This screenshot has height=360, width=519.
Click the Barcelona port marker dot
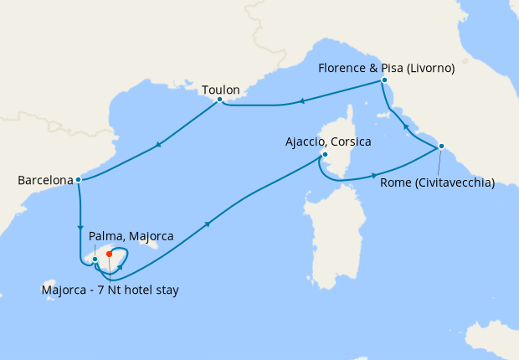pos(78,179)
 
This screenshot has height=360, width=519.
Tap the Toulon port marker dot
pos(219,100)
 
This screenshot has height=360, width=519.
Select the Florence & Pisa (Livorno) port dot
pos(383,80)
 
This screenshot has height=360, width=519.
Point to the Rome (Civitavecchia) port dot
pos(440,147)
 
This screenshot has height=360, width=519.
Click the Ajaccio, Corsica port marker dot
pos(325,155)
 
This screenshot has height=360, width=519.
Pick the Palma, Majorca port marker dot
pos(95,259)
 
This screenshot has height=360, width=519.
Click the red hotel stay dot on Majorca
pos(110,254)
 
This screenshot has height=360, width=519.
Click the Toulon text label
pos(221,89)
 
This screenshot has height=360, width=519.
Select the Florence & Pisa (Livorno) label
pos(387,69)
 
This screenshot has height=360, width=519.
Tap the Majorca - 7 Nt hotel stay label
pos(110,290)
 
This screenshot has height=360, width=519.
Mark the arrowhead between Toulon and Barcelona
pos(158,146)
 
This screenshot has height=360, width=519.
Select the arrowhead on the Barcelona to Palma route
pos(80,227)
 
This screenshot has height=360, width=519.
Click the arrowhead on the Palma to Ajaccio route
pos(208,224)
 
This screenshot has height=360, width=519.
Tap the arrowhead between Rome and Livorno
pos(406,126)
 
